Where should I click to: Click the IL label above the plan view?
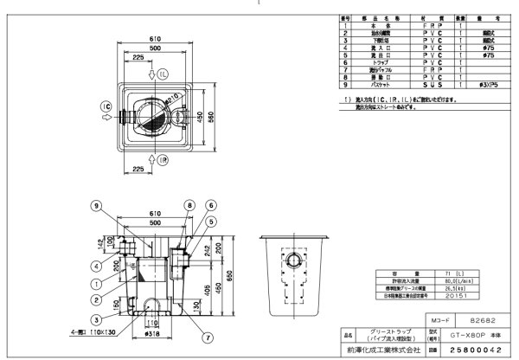[163, 75]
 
